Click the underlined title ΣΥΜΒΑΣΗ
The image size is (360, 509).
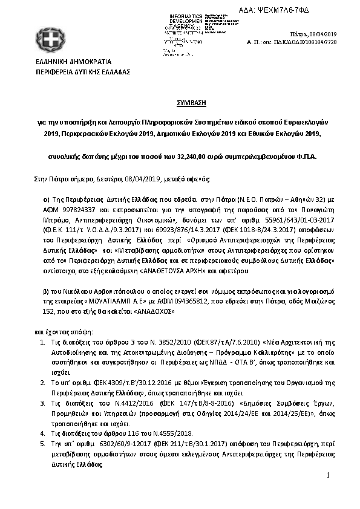pos(180,103)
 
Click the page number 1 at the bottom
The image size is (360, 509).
pos(328,476)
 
